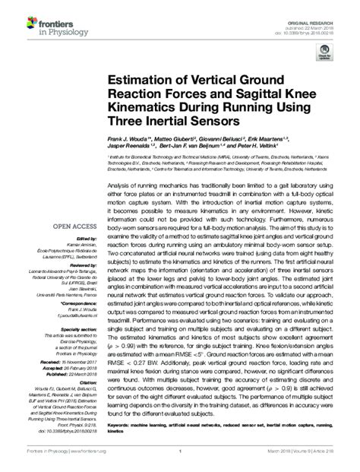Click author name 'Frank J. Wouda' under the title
coord(129,140)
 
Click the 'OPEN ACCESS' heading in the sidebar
coord(72,226)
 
